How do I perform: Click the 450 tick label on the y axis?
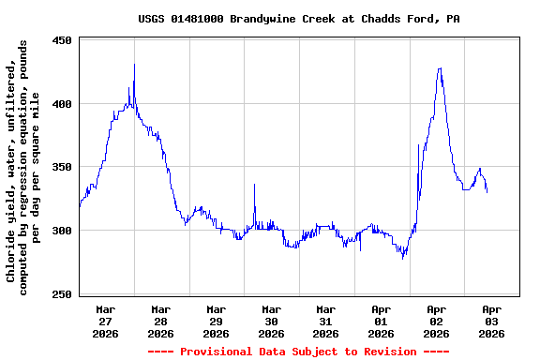(x=63, y=41)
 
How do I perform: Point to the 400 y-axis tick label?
(x=63, y=104)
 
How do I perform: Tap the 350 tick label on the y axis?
(x=63, y=167)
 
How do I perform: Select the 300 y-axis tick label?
(x=63, y=231)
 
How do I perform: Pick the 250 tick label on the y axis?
(x=63, y=294)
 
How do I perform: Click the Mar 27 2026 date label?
(x=106, y=321)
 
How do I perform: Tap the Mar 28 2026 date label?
(x=161, y=321)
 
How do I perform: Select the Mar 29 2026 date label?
(x=217, y=321)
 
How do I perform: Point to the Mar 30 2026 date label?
(x=271, y=321)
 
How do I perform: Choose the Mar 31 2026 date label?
(x=326, y=321)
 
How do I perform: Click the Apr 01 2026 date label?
(x=382, y=321)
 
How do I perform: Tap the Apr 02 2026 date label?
(x=437, y=321)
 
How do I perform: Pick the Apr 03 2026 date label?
(x=491, y=321)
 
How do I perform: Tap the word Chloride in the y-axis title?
(x=11, y=253)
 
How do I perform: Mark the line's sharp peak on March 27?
(x=134, y=65)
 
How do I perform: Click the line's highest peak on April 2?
(x=439, y=68)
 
